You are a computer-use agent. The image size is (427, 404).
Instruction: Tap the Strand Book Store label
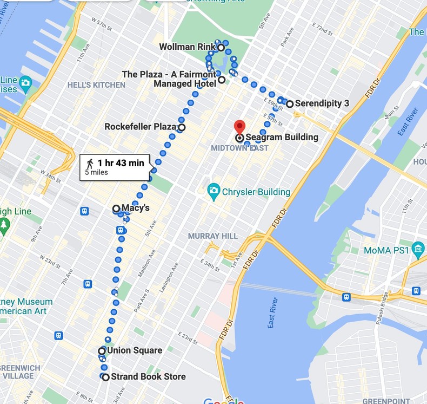click(x=148, y=377)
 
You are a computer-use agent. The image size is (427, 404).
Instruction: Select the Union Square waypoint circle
click(x=102, y=351)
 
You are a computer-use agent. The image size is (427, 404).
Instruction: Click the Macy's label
click(x=135, y=207)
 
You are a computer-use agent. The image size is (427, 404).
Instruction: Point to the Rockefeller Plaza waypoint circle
click(x=182, y=128)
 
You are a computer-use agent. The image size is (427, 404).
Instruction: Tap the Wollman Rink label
click(x=188, y=47)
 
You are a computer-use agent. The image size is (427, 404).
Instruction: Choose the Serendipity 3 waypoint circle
click(x=290, y=103)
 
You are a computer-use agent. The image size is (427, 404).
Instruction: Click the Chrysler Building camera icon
click(x=214, y=191)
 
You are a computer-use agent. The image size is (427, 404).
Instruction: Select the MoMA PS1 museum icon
click(x=418, y=250)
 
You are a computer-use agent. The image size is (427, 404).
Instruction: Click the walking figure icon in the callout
click(x=90, y=163)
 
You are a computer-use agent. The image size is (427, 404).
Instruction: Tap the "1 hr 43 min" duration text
click(x=121, y=163)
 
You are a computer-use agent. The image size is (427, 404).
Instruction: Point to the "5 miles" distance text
click(x=96, y=173)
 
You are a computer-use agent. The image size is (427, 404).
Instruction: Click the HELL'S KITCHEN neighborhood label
click(x=96, y=85)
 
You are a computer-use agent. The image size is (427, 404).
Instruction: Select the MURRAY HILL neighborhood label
click(x=213, y=236)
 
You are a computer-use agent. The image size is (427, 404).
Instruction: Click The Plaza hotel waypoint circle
click(x=222, y=80)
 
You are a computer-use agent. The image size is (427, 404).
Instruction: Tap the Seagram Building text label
click(x=282, y=138)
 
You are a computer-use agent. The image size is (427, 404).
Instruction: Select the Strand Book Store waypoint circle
click(x=106, y=377)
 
